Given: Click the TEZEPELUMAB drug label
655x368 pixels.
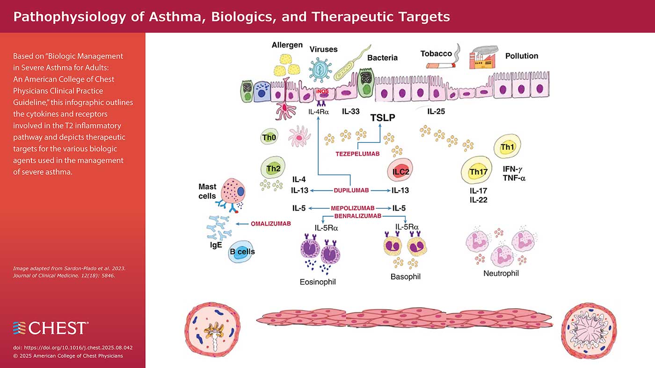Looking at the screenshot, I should pos(357,153).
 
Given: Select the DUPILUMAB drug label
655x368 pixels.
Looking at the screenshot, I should pos(351,190).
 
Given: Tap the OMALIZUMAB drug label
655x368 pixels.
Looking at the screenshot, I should pos(271,224).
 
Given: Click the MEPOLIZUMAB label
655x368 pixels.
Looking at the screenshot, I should pos(353,208).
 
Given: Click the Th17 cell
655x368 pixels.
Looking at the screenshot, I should pos(478,172).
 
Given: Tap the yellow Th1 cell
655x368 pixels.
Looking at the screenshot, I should pos(507,147).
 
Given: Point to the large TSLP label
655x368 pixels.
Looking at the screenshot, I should pos(383,118).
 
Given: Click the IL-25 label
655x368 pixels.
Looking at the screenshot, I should pos(436,112).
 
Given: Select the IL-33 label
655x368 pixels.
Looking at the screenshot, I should pos(350,112).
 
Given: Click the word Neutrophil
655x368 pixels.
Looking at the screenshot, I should pos(501,273).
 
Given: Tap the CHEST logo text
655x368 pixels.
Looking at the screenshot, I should pos(57,328).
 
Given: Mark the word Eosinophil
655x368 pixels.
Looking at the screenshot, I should pos(318,282).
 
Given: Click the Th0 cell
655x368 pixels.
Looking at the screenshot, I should pos(269,138).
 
